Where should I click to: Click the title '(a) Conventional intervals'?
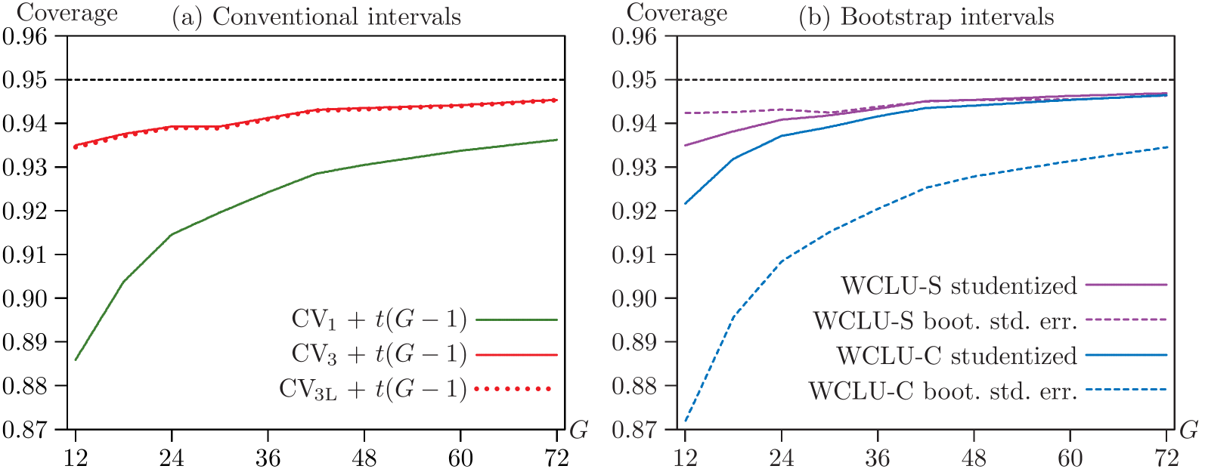[x=317, y=17]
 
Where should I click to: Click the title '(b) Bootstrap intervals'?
[x=926, y=17]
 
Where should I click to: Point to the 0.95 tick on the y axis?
[x=639, y=79]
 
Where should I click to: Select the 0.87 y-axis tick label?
[x=639, y=429]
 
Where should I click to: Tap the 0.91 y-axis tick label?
[x=639, y=255]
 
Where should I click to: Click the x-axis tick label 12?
[x=685, y=457]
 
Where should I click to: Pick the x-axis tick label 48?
[x=974, y=457]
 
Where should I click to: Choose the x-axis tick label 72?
[x=1166, y=457]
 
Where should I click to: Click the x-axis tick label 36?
[x=878, y=457]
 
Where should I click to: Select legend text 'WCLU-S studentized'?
[x=959, y=285]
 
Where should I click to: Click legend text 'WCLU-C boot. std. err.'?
[x=943, y=390]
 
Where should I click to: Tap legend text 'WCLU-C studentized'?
[x=956, y=356]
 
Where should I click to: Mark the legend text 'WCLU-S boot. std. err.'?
[x=945, y=321]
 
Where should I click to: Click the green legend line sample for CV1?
[x=516, y=320]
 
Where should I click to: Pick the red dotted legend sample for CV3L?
[x=512, y=389]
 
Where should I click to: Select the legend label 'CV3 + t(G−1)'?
[x=379, y=354]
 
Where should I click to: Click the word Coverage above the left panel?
[x=67, y=13]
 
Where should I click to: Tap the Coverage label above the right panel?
[x=677, y=13]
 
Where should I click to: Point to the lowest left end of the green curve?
[x=76, y=359]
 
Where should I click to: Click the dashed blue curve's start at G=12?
[x=685, y=421]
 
